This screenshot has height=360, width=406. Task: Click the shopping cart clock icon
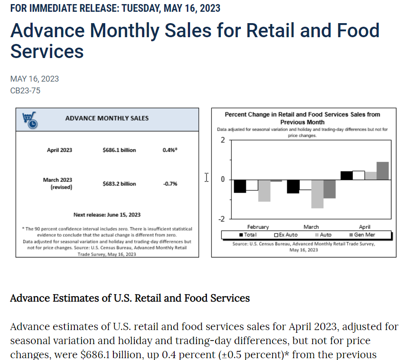click(30, 120)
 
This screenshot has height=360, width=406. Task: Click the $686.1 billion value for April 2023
click(119, 150)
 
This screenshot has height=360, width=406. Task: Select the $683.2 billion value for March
click(119, 184)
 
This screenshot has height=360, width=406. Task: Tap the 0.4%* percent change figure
click(170, 150)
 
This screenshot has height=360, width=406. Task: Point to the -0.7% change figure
click(170, 184)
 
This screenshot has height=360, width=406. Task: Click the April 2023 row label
click(59, 150)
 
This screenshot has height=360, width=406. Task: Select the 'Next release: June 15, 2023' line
click(107, 214)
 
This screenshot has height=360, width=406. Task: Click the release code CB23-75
click(25, 91)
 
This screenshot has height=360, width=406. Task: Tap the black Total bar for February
click(240, 186)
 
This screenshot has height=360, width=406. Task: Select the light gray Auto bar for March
click(317, 194)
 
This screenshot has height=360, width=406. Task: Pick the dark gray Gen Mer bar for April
click(383, 171)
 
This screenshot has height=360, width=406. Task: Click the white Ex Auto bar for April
click(358, 175)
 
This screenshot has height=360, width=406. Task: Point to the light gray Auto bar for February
click(264, 190)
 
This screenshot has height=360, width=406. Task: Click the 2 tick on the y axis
click(223, 140)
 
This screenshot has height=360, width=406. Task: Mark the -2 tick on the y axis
click(222, 219)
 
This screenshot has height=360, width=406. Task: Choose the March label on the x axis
click(311, 227)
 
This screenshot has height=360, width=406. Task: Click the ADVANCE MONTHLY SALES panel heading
click(107, 118)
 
